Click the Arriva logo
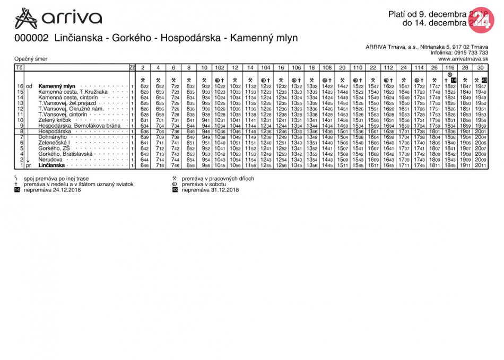(x=58, y=18)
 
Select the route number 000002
(x=31, y=38)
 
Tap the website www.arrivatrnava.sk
(x=463, y=59)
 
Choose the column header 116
(x=450, y=68)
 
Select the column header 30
(x=481, y=68)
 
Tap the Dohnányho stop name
(x=53, y=137)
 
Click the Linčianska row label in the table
(x=51, y=165)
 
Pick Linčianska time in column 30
(x=481, y=165)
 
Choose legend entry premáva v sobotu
(x=205, y=184)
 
